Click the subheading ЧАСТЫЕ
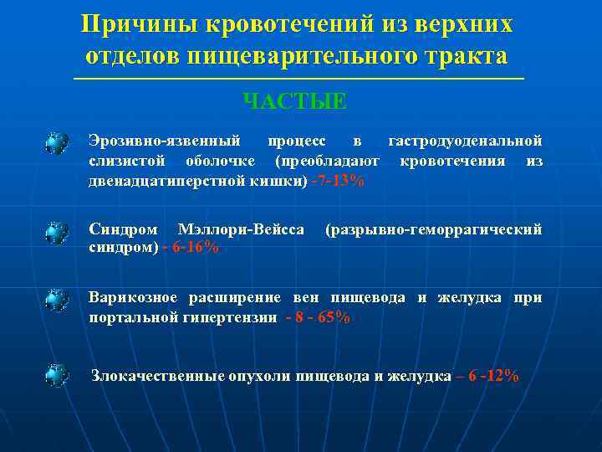293,101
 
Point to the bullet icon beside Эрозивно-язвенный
57,143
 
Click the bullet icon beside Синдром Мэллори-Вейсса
57,232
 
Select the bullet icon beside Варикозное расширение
57,300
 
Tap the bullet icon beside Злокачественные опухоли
57,374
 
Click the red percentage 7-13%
337,181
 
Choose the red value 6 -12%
488,376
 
